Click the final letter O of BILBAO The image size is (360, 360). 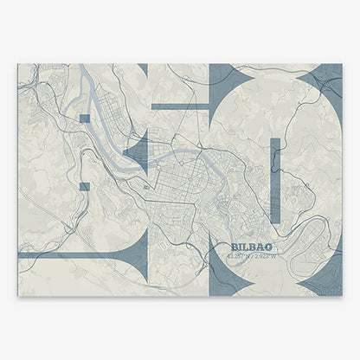click(255, 247)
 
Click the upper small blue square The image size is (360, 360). click(84, 118)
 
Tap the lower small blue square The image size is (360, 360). click(84, 186)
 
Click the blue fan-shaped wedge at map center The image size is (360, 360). click(138, 152)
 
